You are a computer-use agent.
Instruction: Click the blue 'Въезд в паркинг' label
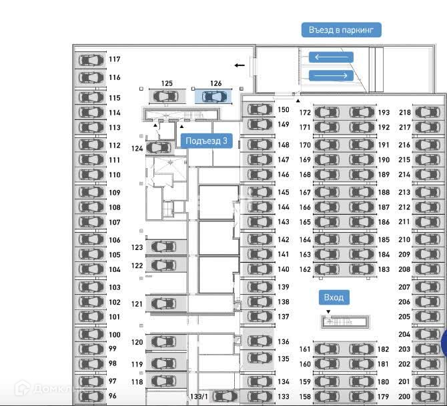[341, 30]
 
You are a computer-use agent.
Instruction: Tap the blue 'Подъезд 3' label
[207, 141]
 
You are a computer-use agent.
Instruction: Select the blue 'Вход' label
[334, 297]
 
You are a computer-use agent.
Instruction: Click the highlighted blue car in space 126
[214, 97]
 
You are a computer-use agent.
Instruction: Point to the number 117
[115, 59]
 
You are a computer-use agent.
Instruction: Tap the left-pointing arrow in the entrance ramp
[330, 58]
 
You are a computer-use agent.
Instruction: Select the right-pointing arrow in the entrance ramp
[330, 75]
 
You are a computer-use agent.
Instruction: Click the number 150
[284, 110]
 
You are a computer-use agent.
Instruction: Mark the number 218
[405, 113]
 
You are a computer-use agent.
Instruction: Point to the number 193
[384, 113]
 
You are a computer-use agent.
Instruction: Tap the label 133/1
[199, 397]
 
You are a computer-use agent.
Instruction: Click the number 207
[404, 287]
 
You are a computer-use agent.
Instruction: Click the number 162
[305, 270]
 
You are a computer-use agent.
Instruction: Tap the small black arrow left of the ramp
[240, 65]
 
